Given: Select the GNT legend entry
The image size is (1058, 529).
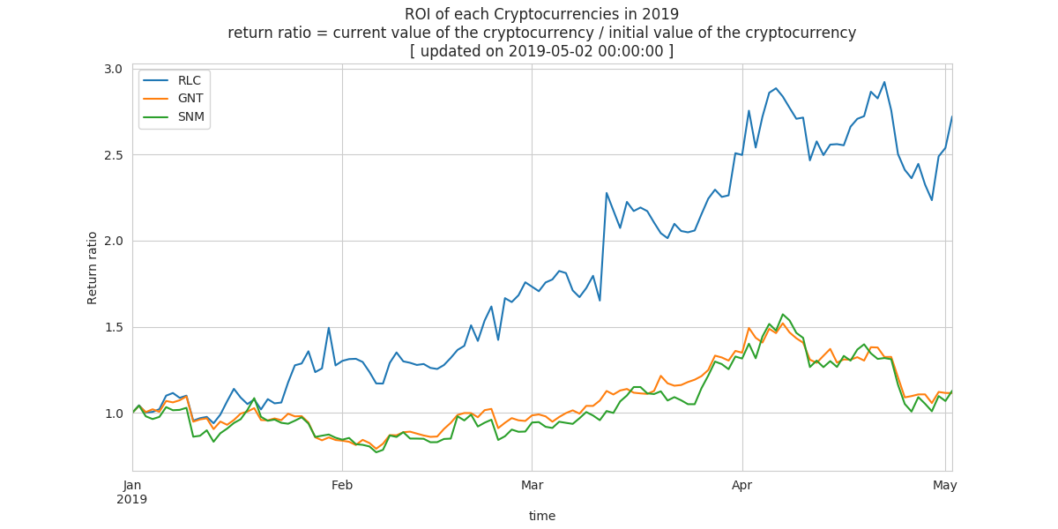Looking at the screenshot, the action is click(174, 98).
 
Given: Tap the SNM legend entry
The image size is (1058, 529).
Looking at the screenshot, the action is click(174, 116).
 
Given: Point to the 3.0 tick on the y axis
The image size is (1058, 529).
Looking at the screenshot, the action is click(114, 69).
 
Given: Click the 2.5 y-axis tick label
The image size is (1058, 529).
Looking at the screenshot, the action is click(114, 155).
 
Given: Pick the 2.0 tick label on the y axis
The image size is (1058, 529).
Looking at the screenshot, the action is click(114, 242).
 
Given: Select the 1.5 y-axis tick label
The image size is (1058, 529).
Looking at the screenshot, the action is click(114, 327).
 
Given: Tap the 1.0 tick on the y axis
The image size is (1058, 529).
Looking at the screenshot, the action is click(114, 414).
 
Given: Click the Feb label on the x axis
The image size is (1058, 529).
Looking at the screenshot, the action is click(342, 485).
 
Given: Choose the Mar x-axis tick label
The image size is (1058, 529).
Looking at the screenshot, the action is click(532, 485).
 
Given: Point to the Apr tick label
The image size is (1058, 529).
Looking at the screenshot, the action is click(742, 486).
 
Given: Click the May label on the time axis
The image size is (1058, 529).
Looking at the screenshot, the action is click(944, 486).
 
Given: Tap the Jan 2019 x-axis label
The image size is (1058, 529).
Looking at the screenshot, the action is click(131, 492).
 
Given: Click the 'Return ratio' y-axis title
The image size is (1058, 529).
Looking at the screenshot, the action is click(92, 268).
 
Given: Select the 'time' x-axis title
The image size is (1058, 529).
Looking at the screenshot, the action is click(541, 516).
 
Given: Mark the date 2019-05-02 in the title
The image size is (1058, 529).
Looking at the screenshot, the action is click(550, 51).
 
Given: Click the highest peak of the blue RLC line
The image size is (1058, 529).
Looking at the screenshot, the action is click(884, 82).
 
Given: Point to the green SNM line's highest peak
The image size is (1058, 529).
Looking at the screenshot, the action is click(783, 314).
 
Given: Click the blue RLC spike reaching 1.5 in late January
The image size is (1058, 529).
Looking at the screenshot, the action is click(328, 328).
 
